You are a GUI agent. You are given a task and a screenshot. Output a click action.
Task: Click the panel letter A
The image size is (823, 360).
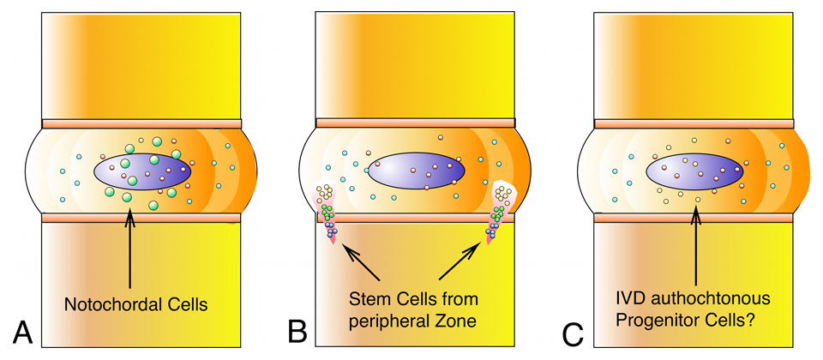click(21, 330)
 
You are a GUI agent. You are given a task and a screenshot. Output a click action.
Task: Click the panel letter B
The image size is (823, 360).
click(297, 330)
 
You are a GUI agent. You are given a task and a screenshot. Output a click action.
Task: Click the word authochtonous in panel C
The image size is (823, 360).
click(716, 300)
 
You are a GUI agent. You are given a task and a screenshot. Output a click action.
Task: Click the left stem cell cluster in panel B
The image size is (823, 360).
click(327, 214)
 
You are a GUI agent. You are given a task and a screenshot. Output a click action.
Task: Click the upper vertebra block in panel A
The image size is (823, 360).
click(141, 64)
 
